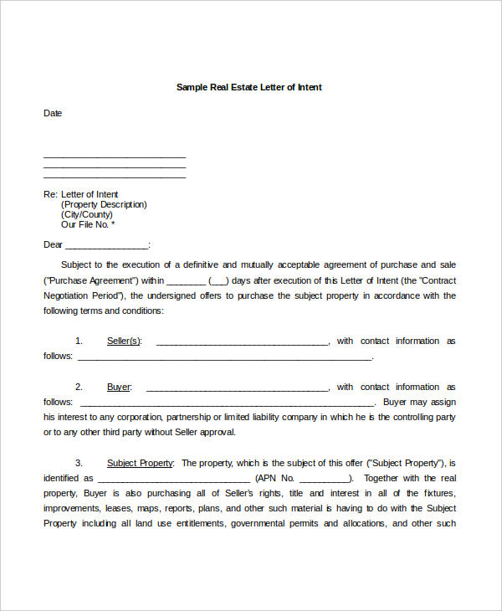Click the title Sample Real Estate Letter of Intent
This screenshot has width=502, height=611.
pyautogui.click(x=248, y=87)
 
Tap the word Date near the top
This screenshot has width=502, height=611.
pyautogui.click(x=53, y=113)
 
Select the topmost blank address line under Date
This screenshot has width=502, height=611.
pyautogui.click(x=114, y=156)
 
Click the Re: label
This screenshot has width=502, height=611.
pyautogui.click(x=50, y=194)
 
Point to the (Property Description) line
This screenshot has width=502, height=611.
pyautogui.click(x=104, y=204)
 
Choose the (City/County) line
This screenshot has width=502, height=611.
pyautogui.click(x=86, y=214)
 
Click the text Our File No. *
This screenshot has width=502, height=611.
pyautogui.click(x=88, y=224)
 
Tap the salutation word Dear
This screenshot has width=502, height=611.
pyautogui.click(x=53, y=244)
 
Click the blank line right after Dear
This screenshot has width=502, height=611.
pyautogui.click(x=106, y=245)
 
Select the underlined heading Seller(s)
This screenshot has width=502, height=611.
pyautogui.click(x=125, y=341)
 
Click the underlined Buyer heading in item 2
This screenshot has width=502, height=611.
pyautogui.click(x=119, y=387)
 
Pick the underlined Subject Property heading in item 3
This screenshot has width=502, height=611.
pyautogui.click(x=140, y=462)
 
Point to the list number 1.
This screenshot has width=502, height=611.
pyautogui.click(x=79, y=341)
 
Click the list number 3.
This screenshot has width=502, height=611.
pyautogui.click(x=79, y=462)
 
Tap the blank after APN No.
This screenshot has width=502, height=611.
pyautogui.click(x=325, y=478)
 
